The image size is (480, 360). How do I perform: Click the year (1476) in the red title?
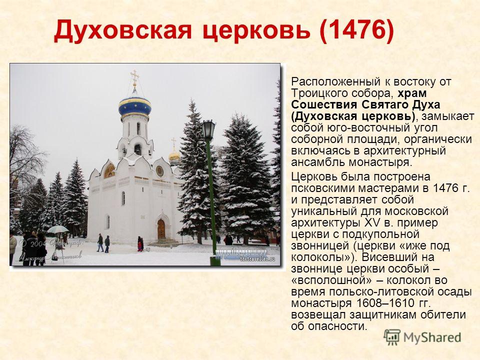coord(356,30)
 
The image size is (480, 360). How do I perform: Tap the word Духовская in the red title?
coord(123,30)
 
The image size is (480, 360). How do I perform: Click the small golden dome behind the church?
coord(174,155)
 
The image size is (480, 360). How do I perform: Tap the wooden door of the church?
coord(161,229)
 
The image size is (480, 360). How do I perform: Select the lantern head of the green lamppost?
coord(208,129)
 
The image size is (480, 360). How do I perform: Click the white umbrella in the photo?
coord(58,229)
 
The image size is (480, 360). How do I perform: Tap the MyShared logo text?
coord(432,337)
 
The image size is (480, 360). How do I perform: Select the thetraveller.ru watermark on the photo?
coord(257,259)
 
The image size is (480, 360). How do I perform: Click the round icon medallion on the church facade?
coord(159,171)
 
